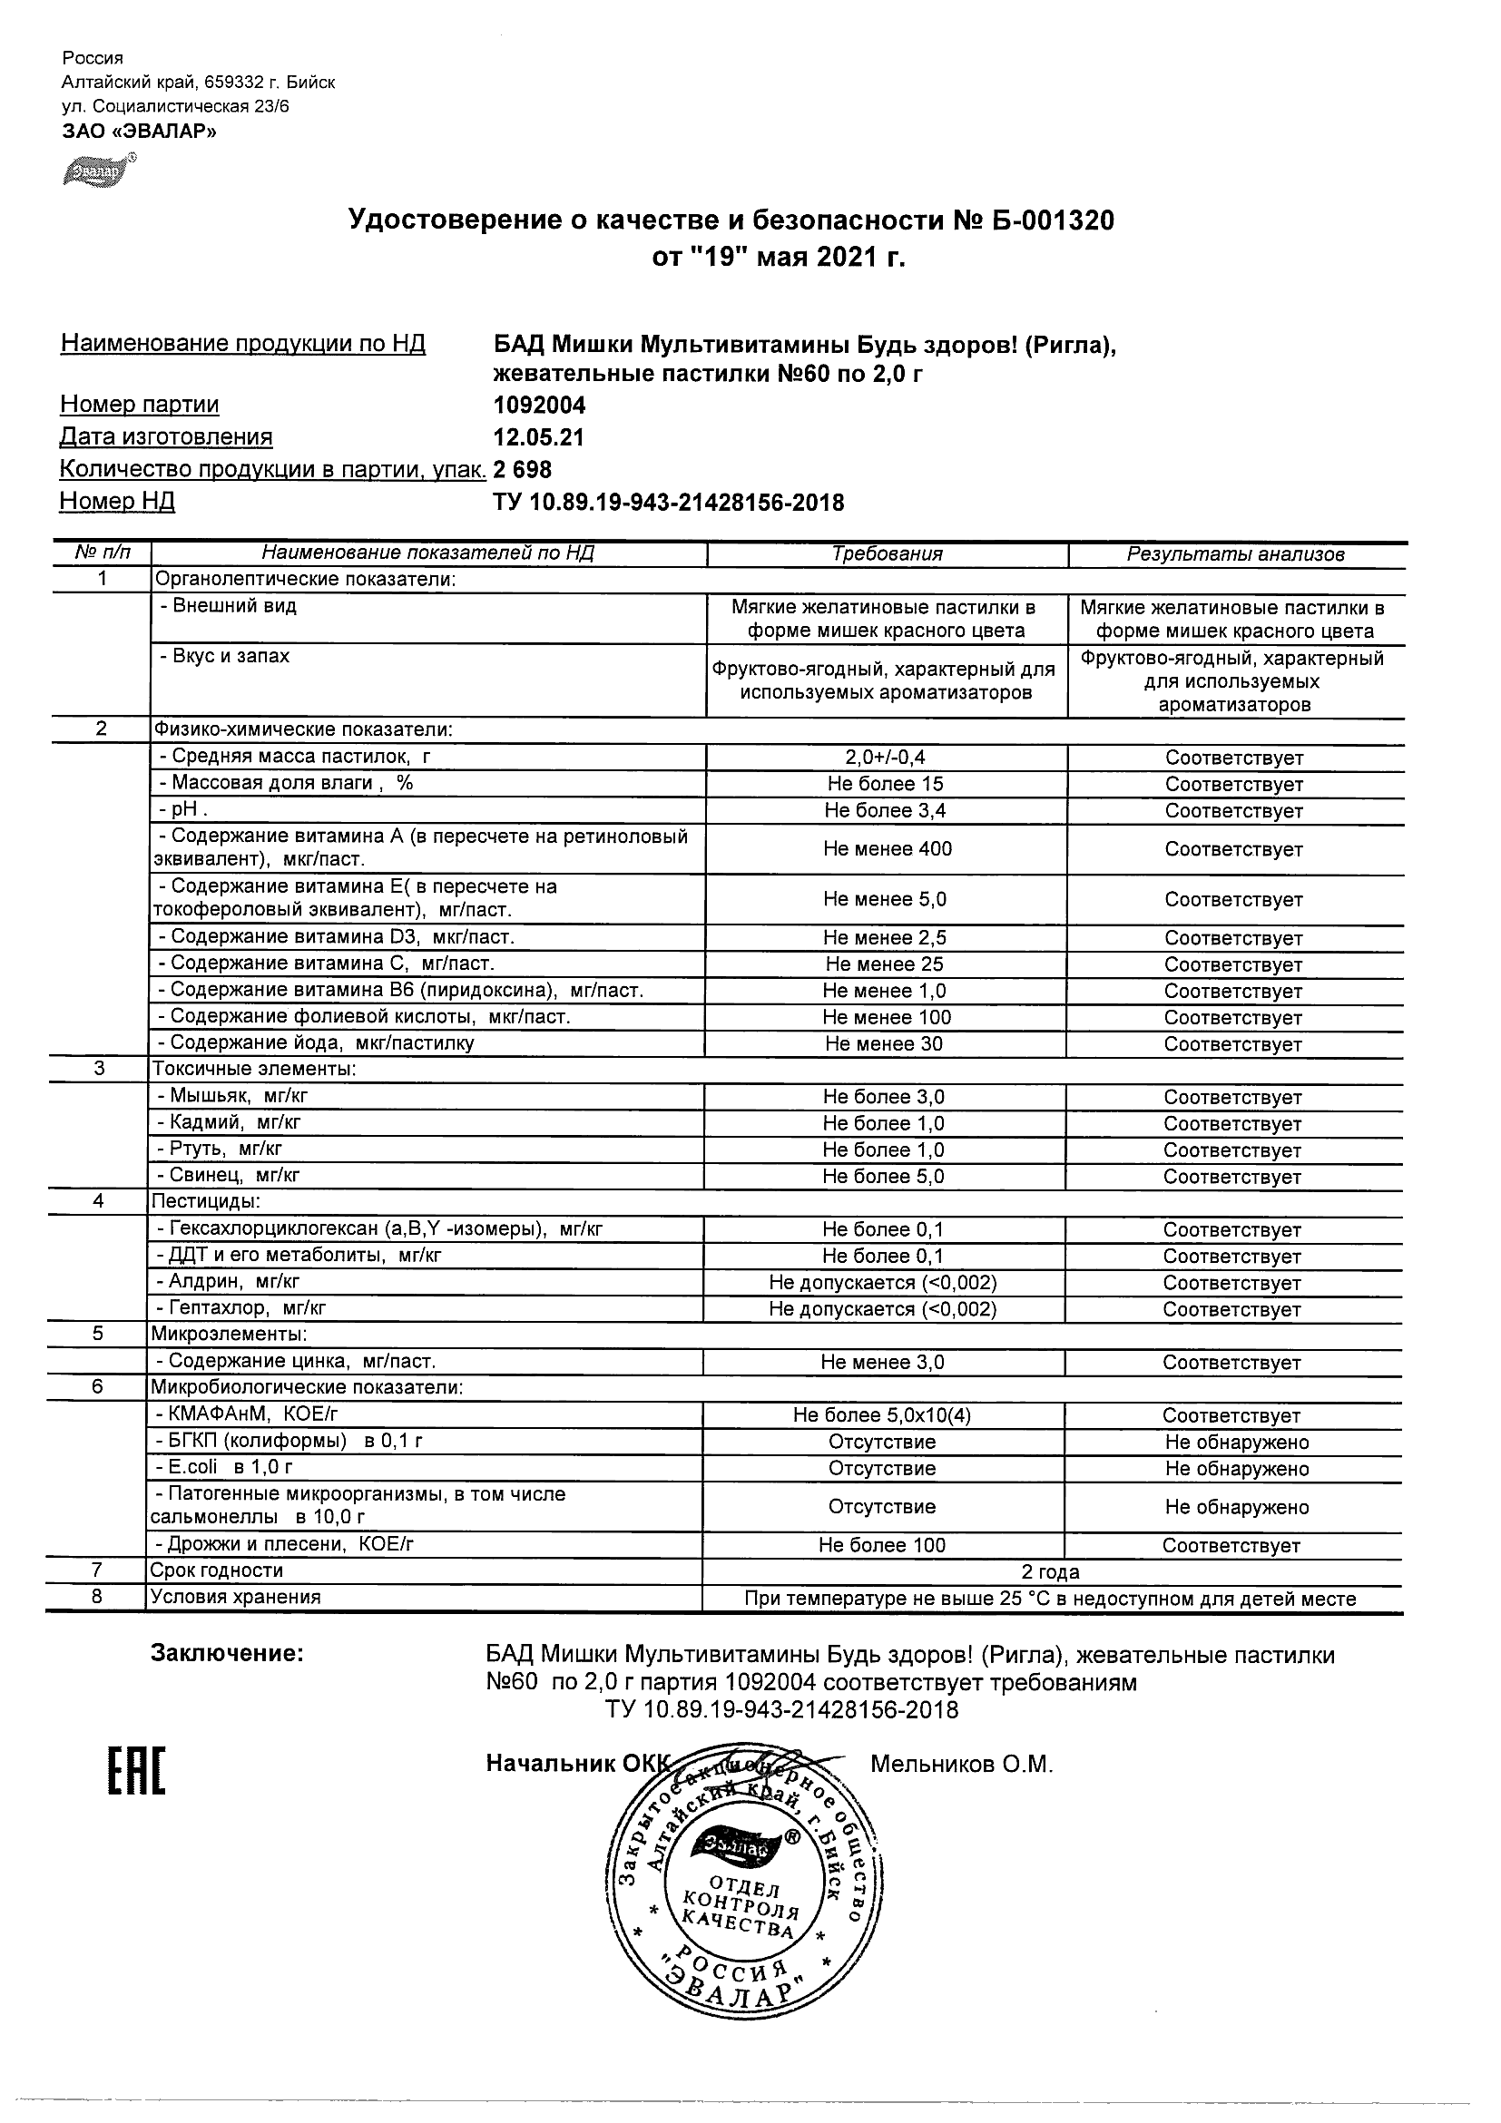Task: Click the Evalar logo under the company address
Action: (97, 172)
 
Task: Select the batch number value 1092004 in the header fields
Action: (539, 405)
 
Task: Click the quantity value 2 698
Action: (523, 470)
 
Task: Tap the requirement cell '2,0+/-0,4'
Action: (885, 758)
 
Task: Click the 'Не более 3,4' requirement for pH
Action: (885, 811)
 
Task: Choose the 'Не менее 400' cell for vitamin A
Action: (887, 849)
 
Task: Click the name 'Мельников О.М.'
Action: (961, 1765)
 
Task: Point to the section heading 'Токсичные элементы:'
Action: (254, 1069)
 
